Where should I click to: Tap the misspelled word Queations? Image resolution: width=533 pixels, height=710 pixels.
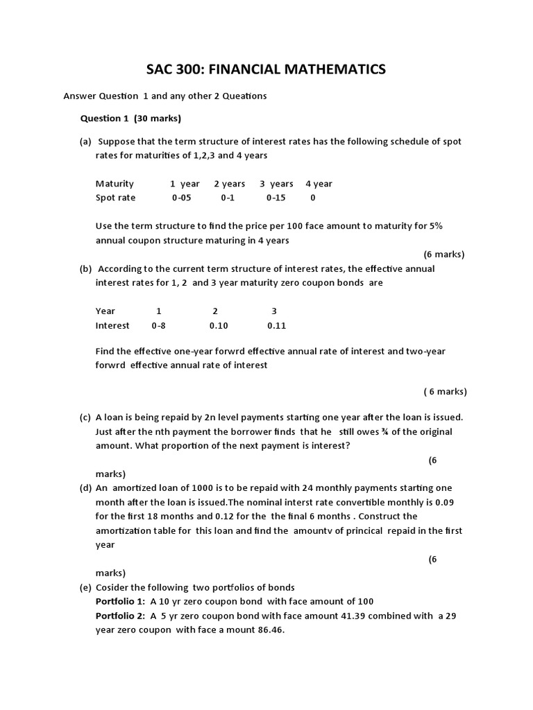pos(242,96)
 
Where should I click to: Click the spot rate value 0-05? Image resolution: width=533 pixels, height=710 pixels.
pos(182,198)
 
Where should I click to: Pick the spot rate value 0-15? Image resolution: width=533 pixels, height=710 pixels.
pos(276,198)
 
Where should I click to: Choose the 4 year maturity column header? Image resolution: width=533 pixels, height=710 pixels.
pos(319,184)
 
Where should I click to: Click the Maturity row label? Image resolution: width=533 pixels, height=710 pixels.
pos(115,184)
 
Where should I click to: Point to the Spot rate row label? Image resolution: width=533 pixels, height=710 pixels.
pos(116,198)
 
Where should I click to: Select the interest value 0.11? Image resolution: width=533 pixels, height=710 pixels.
pos(276,325)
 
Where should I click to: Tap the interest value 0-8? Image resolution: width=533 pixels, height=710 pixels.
pos(158,325)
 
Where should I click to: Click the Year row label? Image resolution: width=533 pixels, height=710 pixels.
pos(105,311)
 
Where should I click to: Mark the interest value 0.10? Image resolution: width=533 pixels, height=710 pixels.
pos(218,325)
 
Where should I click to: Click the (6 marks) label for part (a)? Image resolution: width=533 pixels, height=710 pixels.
pos(443,254)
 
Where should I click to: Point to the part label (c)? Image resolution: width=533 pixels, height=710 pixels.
pos(85,417)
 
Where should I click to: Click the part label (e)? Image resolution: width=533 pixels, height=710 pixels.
pos(85,587)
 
